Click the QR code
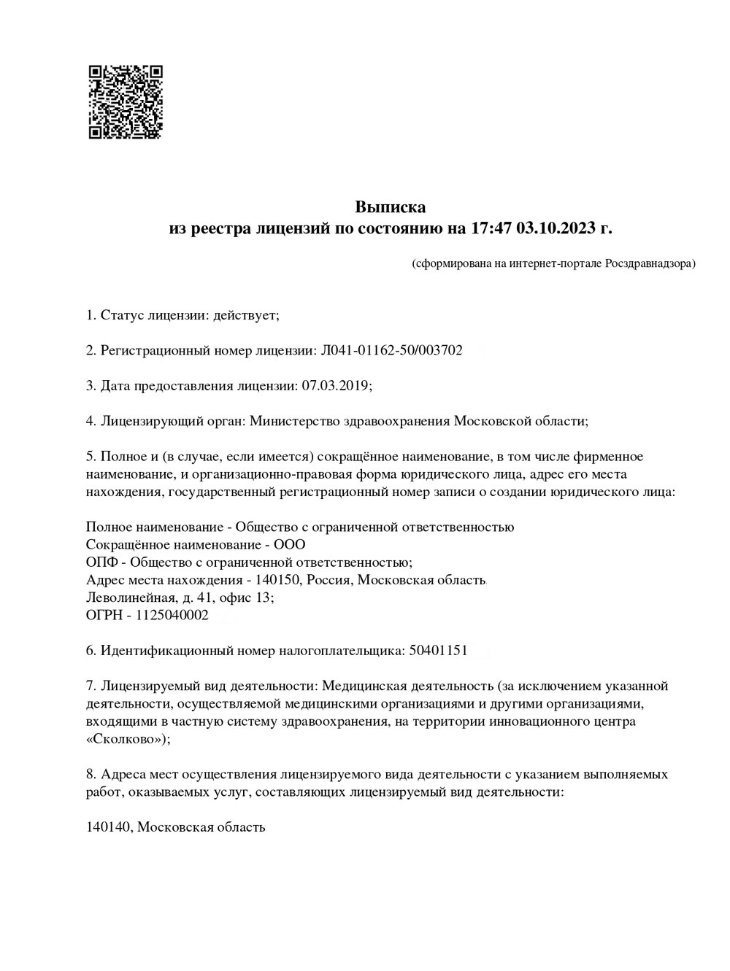click(126, 102)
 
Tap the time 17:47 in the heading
click(490, 229)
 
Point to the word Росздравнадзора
click(648, 263)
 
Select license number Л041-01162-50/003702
click(391, 350)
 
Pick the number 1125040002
click(172, 615)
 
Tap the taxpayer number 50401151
click(435, 650)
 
